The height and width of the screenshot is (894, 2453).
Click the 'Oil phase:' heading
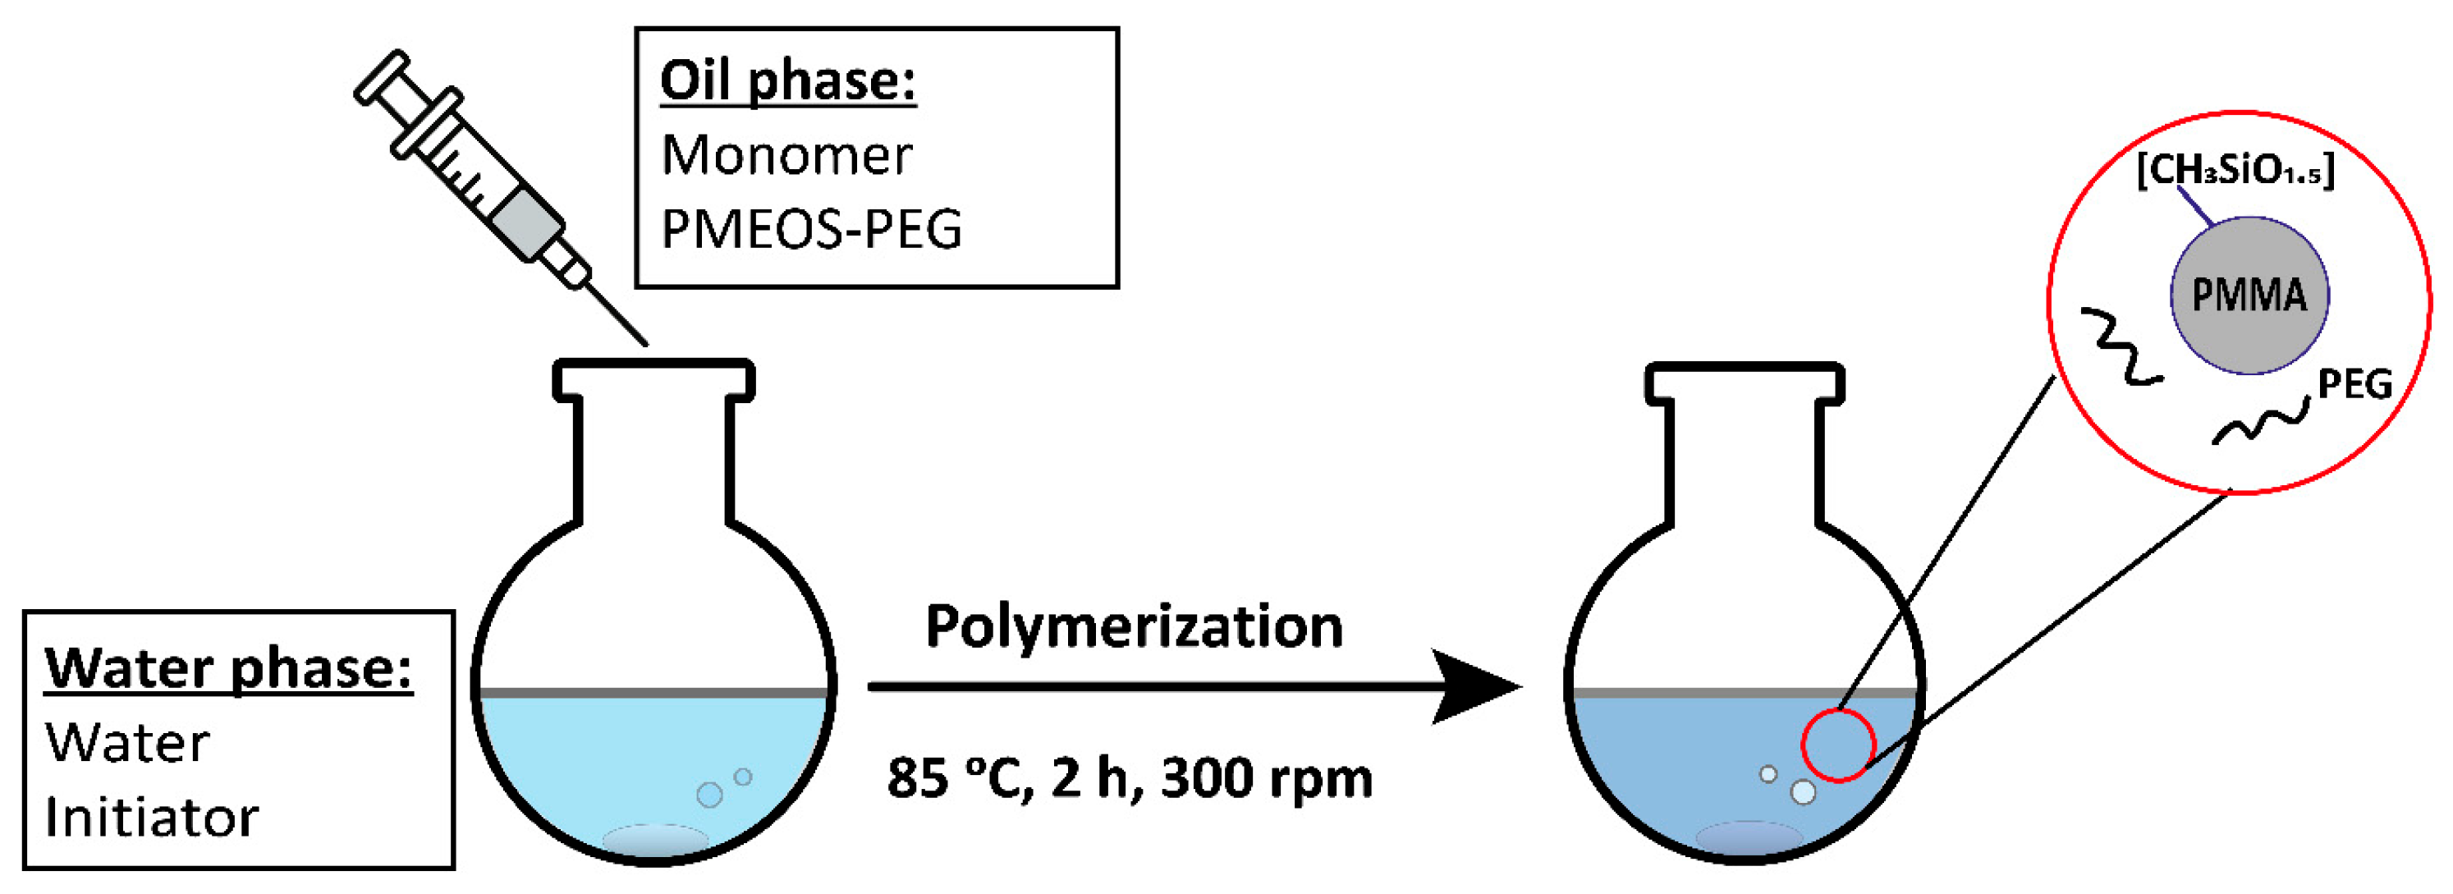pos(787,82)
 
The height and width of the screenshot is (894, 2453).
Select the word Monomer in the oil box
pos(786,155)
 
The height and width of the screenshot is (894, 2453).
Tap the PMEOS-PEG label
pos(811,229)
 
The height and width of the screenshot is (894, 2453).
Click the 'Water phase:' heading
pos(228,668)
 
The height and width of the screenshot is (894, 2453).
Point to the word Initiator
pos(151,818)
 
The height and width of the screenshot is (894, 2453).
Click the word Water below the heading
pos(127,744)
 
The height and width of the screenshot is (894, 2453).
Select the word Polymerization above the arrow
pos(1133,627)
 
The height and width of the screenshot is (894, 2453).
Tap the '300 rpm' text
pos(1267,778)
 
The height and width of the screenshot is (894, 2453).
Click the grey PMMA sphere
pos(2249,296)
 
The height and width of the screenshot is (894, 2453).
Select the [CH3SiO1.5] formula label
pos(2235,172)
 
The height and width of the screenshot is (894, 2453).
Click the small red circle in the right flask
pos(1838,746)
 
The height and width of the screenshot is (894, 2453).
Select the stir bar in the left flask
pos(655,840)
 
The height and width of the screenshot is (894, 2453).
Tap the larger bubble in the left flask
pos(709,794)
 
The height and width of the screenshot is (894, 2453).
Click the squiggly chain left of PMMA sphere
pos(2121,347)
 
